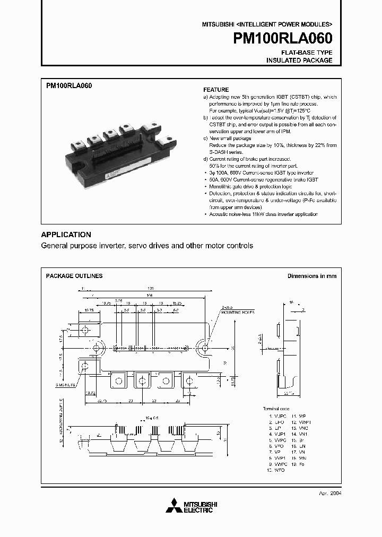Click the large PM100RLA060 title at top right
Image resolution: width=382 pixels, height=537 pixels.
tap(283, 39)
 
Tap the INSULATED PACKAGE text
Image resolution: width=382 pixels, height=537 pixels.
tap(299, 60)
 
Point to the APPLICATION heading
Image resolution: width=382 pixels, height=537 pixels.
tap(66, 235)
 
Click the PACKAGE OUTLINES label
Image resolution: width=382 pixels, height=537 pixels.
tap(74, 276)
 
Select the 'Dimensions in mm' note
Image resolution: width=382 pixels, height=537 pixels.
tap(311, 276)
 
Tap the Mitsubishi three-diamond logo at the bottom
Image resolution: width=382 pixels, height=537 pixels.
tap(173, 506)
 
